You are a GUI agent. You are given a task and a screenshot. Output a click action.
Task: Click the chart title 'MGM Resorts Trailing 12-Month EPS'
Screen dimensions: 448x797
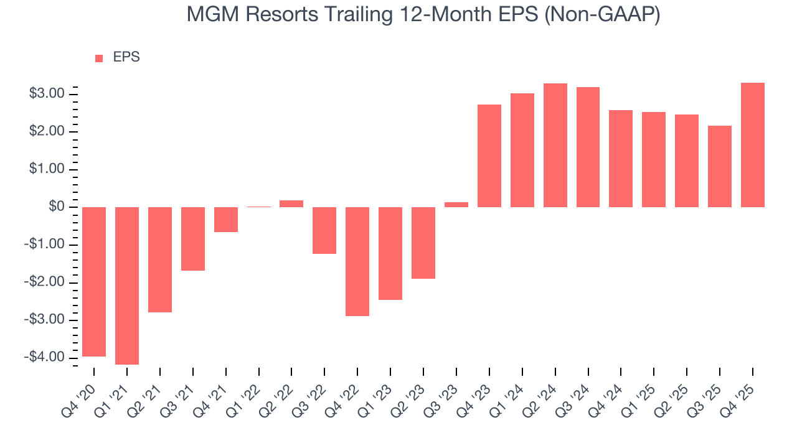point(423,15)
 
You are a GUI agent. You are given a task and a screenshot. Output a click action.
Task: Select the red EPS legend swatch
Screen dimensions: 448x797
point(99,58)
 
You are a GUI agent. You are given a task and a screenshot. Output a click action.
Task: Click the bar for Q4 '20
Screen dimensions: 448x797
point(94,281)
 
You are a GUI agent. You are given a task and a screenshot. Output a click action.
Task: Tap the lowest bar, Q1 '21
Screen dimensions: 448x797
point(127,286)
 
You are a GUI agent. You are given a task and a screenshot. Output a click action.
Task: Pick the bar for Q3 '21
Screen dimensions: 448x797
point(193,239)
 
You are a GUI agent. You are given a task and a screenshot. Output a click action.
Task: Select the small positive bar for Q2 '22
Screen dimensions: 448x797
point(291,203)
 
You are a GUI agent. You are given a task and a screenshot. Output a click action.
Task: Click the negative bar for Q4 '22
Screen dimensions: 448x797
point(357,261)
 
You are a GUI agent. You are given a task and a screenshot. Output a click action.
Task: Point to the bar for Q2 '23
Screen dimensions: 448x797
point(423,243)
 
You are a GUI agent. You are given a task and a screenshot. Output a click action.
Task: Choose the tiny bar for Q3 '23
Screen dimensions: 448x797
point(456,205)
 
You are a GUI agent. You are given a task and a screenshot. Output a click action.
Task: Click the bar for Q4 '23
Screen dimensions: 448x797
point(489,156)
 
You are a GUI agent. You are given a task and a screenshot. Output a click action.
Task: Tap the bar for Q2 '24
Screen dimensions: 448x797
point(555,145)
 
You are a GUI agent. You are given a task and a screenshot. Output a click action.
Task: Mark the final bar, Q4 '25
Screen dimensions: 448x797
point(753,145)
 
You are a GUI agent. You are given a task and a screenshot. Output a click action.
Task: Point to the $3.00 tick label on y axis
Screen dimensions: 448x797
point(47,94)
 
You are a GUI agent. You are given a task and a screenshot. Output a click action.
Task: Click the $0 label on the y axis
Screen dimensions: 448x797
point(56,207)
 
